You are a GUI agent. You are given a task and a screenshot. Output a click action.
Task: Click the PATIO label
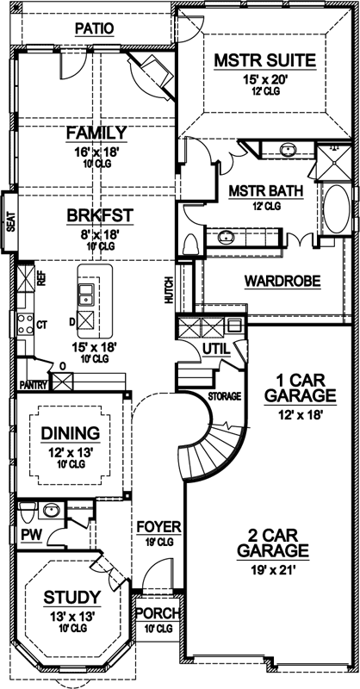tap(93, 28)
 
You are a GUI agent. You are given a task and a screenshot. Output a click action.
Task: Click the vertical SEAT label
tap(10, 224)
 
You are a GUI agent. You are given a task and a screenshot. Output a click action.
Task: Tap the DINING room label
tap(70, 433)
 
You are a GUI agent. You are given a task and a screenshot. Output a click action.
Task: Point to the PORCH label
tap(158, 614)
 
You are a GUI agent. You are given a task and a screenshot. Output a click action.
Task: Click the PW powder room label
tap(30, 534)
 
